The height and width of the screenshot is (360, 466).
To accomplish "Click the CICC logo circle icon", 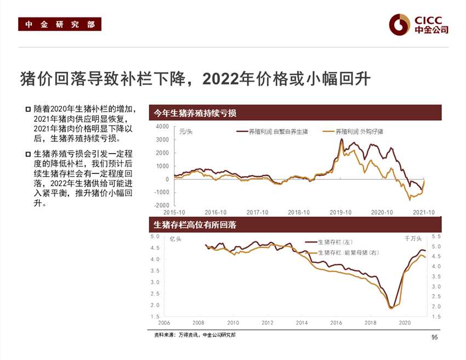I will pos(400,24).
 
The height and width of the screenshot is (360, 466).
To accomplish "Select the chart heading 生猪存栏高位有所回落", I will pos(195,225).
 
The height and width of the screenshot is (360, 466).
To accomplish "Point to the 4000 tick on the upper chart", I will pos(162,127).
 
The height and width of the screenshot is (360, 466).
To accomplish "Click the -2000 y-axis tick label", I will pos(161,205).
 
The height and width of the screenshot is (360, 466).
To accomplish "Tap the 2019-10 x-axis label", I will pos(340,212).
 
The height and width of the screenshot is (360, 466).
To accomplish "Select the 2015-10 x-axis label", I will pos(174,212).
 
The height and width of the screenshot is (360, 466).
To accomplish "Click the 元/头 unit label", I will pos(186,132).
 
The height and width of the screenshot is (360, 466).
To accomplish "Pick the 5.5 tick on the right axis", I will pos(436,237).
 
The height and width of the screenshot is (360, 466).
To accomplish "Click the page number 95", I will pos(435,337).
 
